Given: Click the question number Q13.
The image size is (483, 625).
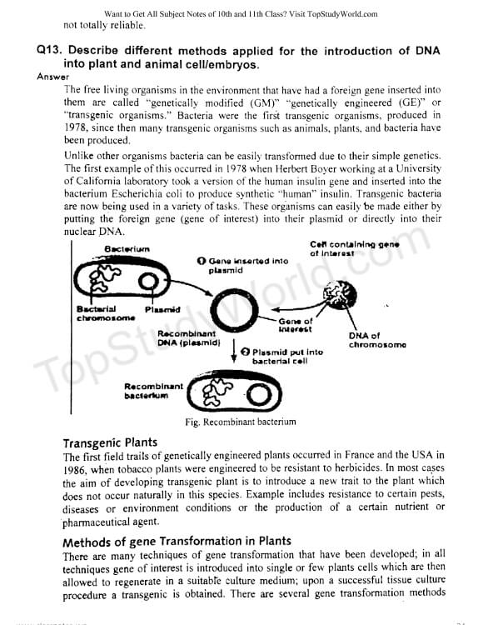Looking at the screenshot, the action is (49, 51).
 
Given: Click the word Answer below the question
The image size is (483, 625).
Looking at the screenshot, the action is (53, 77).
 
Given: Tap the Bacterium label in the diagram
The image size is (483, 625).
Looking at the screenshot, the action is (127, 249).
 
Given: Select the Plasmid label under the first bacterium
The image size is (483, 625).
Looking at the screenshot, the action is (162, 310).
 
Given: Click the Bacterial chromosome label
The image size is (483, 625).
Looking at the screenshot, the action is (106, 313).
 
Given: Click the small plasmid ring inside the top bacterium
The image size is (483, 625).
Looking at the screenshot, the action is (148, 282).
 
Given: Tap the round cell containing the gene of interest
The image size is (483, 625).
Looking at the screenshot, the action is (339, 295).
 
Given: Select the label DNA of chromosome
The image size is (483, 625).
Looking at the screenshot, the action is (377, 340).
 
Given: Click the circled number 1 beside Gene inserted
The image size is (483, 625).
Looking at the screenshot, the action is (202, 261).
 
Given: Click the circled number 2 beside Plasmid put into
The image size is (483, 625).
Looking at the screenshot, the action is (246, 352).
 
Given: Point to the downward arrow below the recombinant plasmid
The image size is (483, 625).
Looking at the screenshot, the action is (234, 351).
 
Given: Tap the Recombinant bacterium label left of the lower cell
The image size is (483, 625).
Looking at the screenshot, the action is (153, 391).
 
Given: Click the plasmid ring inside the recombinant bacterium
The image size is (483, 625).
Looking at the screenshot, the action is (259, 395).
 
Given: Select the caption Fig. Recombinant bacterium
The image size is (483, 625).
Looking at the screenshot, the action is (241, 422).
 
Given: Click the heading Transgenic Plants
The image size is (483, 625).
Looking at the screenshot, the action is (110, 442).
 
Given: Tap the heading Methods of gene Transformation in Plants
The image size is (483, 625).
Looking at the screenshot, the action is (177, 542).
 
